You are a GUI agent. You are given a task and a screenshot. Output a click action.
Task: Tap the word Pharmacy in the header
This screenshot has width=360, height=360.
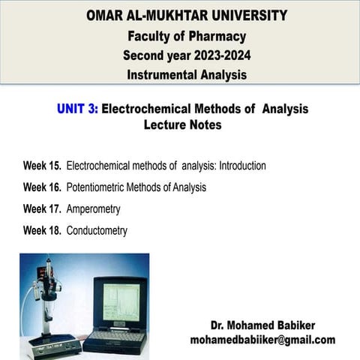coord(218,35)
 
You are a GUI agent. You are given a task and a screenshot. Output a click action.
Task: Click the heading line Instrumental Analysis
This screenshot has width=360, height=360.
coord(186,74)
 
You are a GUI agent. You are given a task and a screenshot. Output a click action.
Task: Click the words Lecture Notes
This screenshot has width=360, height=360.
coord(182,124)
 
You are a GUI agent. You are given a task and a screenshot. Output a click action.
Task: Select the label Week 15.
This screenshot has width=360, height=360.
coord(42,166)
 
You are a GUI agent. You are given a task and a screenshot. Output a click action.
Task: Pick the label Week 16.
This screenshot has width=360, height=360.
coord(42,187)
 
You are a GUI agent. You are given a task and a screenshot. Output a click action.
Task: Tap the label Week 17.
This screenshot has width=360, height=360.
coord(42,209)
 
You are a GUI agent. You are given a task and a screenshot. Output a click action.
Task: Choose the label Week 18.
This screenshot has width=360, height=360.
coord(42,231)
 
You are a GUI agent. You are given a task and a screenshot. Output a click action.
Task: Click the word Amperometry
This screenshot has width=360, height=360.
coord(93,209)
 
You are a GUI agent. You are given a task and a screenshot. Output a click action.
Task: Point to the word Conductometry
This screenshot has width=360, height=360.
coord(97,231)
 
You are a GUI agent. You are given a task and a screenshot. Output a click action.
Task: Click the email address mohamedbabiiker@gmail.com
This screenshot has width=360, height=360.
coord(262,340)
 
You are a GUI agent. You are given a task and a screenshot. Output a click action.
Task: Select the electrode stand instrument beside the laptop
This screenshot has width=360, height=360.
coord(49,307)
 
